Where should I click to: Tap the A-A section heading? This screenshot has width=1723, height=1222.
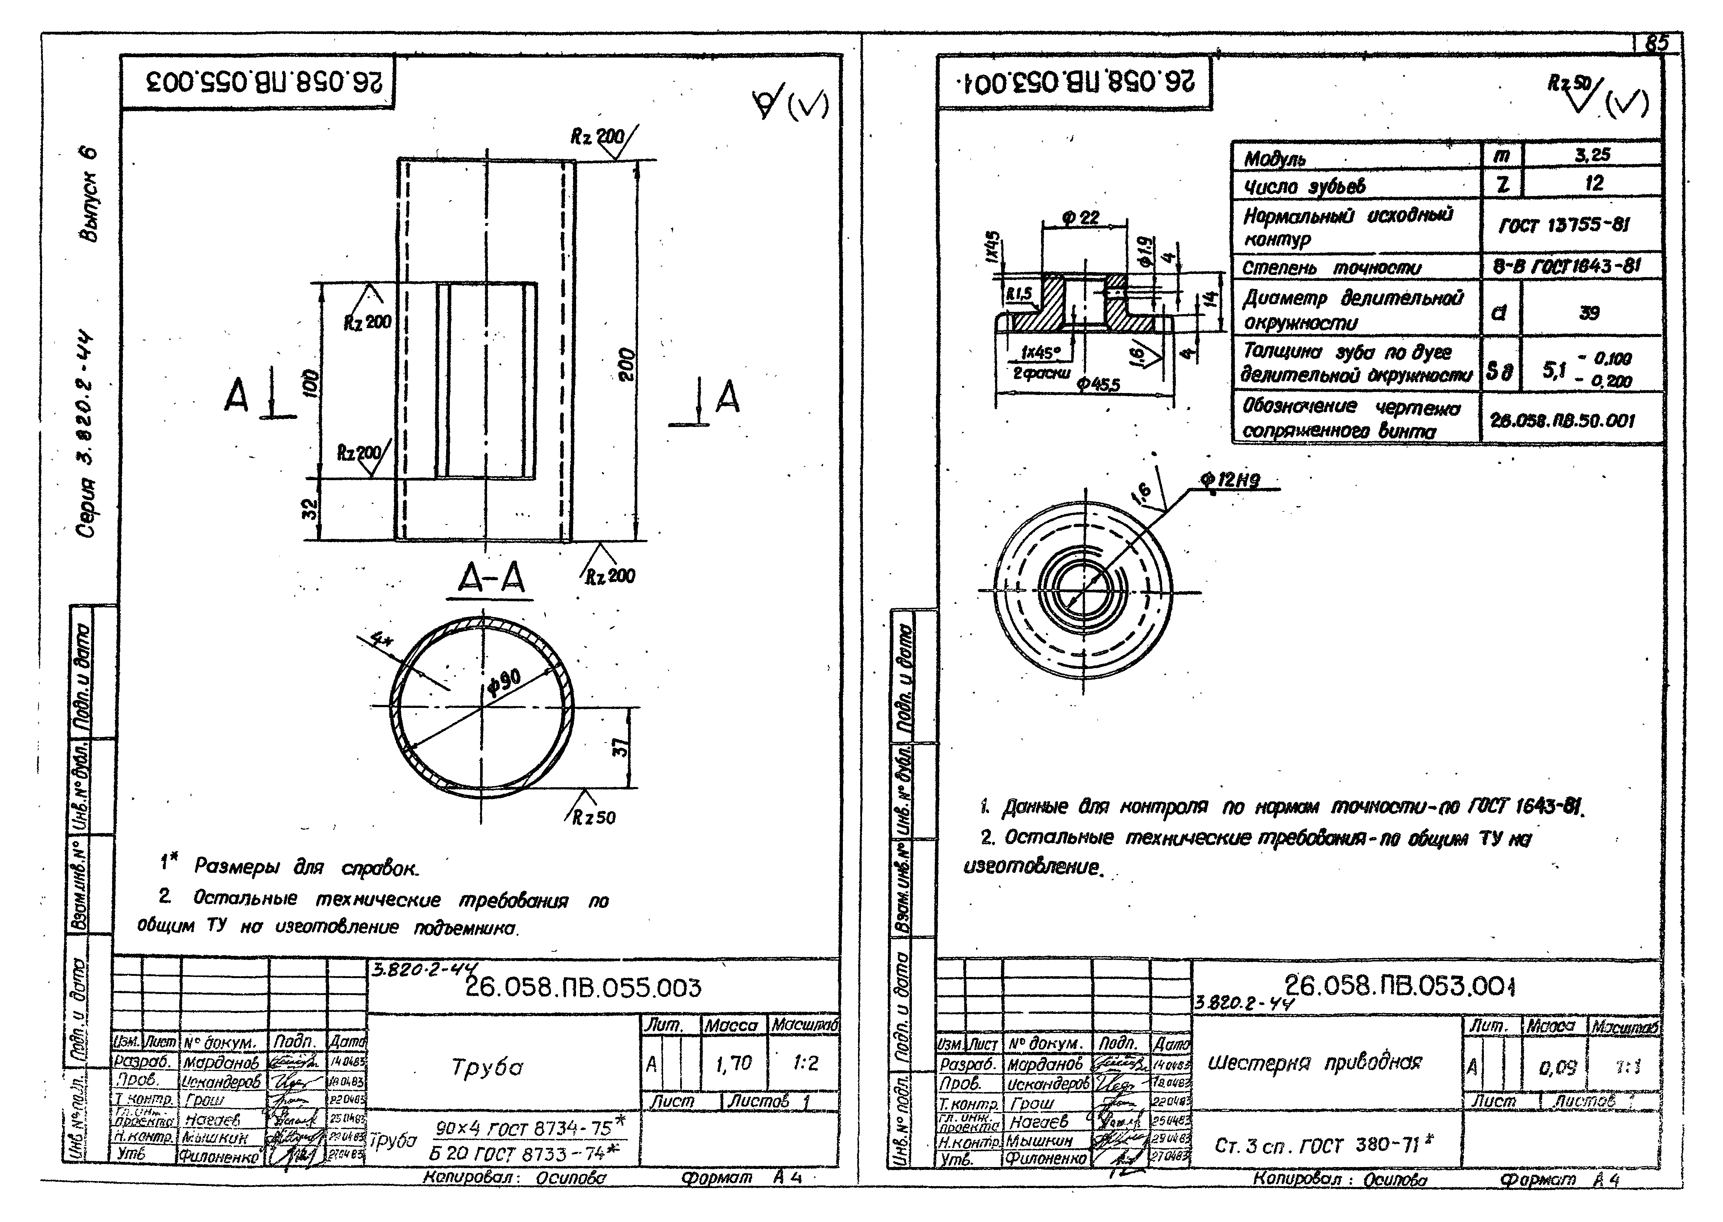point(491,579)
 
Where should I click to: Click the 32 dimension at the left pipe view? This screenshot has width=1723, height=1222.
point(311,509)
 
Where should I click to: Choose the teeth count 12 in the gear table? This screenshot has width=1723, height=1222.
point(1593,183)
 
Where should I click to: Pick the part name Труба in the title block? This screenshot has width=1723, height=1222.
point(487,1067)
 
